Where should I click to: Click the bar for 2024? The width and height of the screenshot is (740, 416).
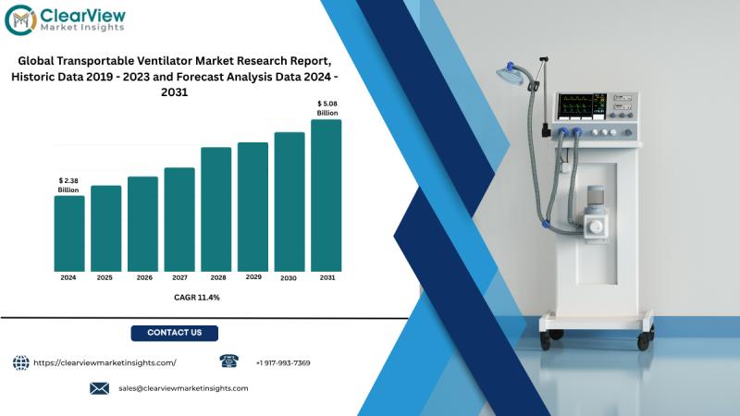click(x=69, y=234)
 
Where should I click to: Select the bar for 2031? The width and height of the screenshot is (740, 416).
click(x=327, y=195)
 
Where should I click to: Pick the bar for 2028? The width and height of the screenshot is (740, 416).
click(x=216, y=210)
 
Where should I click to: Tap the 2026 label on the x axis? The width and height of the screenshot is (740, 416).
click(x=144, y=278)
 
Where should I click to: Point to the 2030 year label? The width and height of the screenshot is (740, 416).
click(x=289, y=278)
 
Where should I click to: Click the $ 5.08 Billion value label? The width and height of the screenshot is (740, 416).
click(x=327, y=108)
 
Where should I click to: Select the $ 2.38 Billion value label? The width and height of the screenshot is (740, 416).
click(x=68, y=186)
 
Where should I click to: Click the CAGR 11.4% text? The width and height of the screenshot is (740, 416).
click(x=197, y=298)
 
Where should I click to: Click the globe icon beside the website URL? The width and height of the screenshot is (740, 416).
click(x=20, y=362)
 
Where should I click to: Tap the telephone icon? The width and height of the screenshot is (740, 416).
click(x=228, y=361)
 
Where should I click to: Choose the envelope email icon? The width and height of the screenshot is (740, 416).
click(x=99, y=388)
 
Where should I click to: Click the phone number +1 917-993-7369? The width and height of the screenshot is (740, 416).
click(x=283, y=363)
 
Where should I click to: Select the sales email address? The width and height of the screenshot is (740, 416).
click(x=183, y=388)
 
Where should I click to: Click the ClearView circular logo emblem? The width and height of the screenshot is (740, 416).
click(x=20, y=19)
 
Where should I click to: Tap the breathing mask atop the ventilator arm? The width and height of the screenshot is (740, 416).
click(x=512, y=73)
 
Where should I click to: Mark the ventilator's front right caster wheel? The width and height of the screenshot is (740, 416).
click(x=644, y=340)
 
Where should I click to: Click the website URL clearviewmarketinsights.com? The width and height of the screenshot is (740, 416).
click(x=105, y=362)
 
